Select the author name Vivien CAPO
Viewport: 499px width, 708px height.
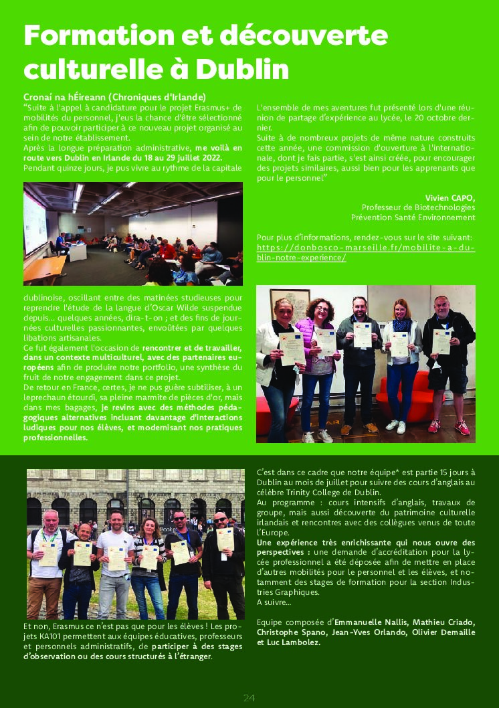[450, 197]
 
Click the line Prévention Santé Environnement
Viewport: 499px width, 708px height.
[413, 217]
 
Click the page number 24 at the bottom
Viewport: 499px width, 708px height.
[249, 698]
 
